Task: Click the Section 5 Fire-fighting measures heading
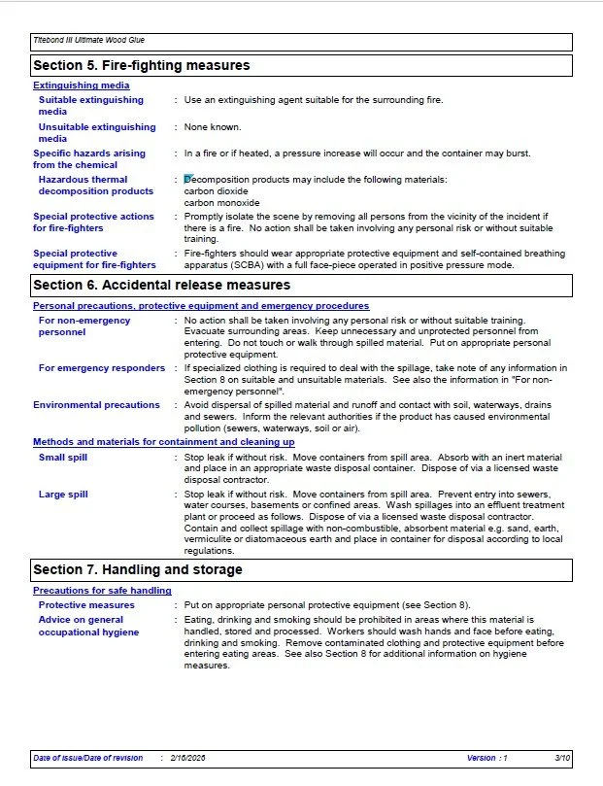[142, 66]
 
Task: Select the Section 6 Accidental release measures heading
[161, 286]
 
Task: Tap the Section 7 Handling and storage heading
[138, 569]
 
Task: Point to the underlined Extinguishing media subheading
[82, 85]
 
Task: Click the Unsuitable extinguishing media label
[97, 133]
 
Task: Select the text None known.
[213, 127]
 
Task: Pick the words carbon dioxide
[216, 191]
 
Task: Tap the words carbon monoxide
[219, 203]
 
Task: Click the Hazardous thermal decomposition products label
[95, 186]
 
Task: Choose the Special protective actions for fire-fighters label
[93, 222]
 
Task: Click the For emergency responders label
[102, 368]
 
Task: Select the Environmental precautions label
[96, 405]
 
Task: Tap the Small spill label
[63, 457]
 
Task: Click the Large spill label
[63, 495]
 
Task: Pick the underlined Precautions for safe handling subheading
[102, 591]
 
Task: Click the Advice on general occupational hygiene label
[88, 626]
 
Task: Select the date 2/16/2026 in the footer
[187, 758]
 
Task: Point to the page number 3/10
[562, 758]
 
